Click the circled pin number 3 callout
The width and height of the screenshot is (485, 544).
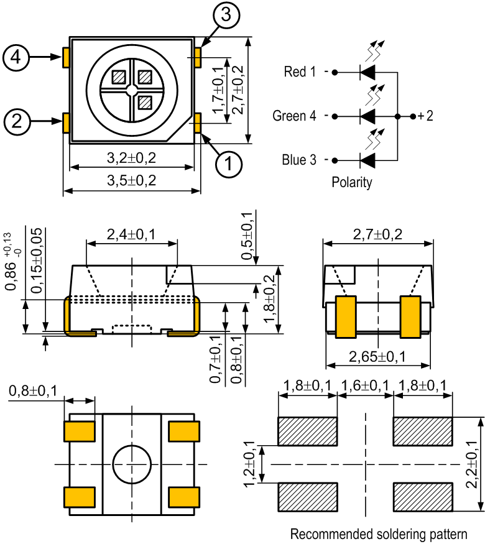tap(226, 15)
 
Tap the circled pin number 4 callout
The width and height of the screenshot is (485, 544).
tap(16, 57)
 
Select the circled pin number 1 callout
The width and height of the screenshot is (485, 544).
tap(229, 164)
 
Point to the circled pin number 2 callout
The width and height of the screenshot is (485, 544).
tap(17, 121)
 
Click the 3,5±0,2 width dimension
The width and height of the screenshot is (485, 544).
tap(131, 180)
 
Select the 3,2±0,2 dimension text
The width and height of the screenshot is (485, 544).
tap(131, 158)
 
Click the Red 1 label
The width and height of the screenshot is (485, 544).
tap(300, 72)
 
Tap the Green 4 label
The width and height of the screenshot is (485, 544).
tap(294, 116)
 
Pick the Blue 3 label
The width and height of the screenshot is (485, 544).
tap(299, 160)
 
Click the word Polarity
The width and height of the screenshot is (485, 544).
tap(352, 182)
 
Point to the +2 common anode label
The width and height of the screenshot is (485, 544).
tap(425, 116)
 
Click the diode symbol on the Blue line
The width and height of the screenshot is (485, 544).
tap(367, 160)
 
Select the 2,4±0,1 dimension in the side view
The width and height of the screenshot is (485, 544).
tap(131, 234)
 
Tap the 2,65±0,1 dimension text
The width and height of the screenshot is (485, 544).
tap(377, 357)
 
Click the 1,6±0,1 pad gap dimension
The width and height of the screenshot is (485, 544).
tap(365, 385)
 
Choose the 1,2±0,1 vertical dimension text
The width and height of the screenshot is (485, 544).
tap(249, 464)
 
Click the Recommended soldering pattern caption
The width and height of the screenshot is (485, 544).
tap(379, 534)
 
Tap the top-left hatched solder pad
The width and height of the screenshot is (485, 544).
tap(307, 431)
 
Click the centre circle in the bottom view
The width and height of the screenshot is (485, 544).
tap(132, 464)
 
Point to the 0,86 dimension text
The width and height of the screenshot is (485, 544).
tap(11, 276)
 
